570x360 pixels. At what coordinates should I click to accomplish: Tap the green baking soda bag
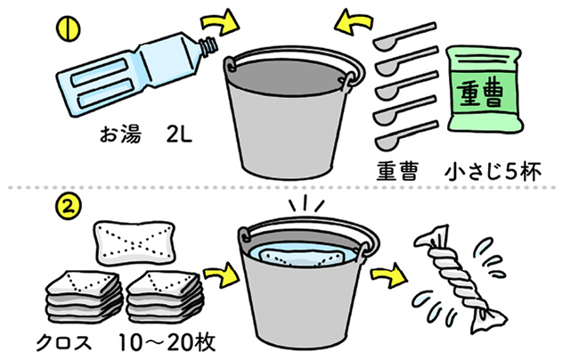[x=482, y=90]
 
